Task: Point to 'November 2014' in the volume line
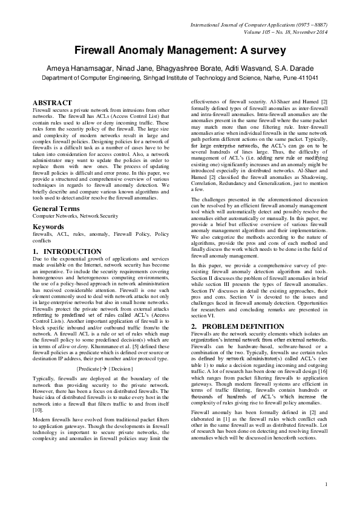tap(309, 31)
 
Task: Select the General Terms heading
tap(56, 208)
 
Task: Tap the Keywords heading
tap(48, 227)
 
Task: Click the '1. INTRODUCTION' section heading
tap(67, 251)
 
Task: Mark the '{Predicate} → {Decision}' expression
tap(105, 368)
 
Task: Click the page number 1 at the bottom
tap(326, 484)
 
